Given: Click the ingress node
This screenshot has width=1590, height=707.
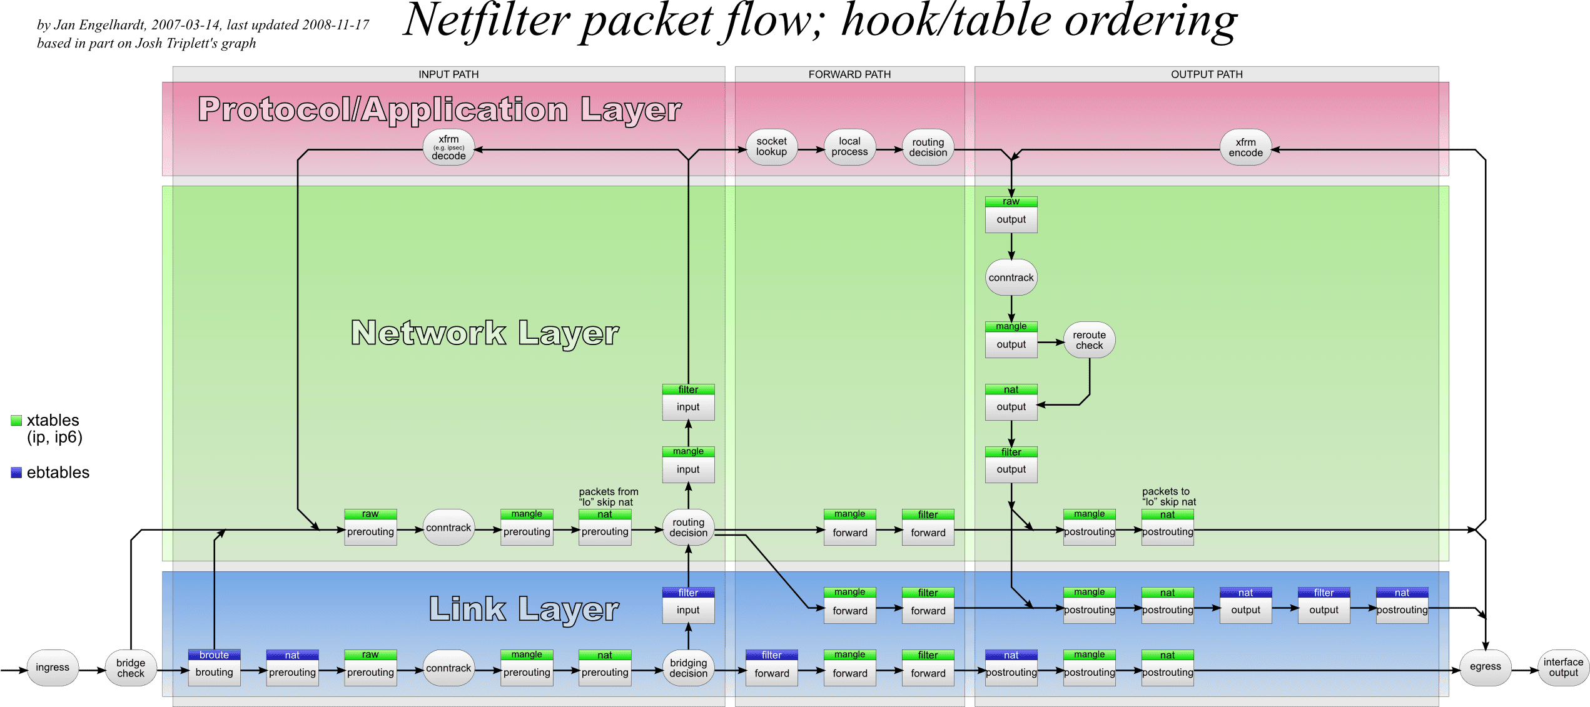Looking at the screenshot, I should click(53, 668).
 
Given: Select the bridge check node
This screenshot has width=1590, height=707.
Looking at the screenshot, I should click(131, 668).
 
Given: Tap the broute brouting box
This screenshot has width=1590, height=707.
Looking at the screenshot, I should click(214, 668).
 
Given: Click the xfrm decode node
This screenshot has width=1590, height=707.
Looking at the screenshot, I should click(448, 148).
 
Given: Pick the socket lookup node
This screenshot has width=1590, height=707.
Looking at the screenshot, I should click(771, 147).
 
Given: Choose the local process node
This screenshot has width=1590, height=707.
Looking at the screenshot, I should click(849, 147).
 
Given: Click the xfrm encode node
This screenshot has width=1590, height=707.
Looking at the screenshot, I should click(1245, 148).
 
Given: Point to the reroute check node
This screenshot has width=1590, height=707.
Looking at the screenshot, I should click(1089, 340).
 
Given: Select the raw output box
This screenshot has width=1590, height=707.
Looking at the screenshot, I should click(1011, 214).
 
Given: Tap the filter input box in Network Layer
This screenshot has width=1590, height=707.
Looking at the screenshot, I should click(688, 402).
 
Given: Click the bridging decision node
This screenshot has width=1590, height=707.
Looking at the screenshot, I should click(688, 668).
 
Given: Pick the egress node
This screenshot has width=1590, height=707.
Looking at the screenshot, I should click(1485, 667).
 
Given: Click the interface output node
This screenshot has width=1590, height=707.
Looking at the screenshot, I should click(1563, 668).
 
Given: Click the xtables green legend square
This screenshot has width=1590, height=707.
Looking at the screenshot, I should click(16, 421).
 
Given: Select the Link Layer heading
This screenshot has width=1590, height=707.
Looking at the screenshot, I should click(524, 609).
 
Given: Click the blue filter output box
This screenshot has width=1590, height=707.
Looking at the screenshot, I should click(1324, 605).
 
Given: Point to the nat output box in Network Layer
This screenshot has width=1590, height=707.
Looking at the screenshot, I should click(1011, 402).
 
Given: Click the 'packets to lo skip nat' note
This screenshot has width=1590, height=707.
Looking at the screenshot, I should click(1168, 497).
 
